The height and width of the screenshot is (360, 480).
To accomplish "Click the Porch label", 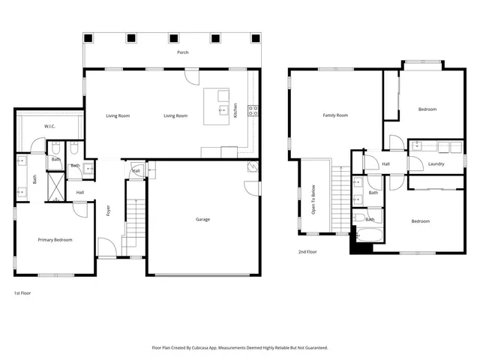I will point(182,52).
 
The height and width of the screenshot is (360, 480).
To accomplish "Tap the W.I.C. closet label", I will point(51,126).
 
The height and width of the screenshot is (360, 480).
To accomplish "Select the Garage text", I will point(202,220).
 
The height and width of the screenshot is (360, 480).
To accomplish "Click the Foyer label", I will point(108,211).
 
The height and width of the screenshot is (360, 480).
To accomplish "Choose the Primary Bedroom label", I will point(55,239).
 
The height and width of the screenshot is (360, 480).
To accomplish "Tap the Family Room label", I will point(335,115).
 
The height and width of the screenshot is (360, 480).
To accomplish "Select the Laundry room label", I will point(436,163).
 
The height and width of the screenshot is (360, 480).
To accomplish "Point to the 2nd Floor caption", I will point(307,252).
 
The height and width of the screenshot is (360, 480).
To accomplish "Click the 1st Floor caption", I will point(23,292).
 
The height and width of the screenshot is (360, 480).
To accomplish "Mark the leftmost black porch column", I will point(89,38).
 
